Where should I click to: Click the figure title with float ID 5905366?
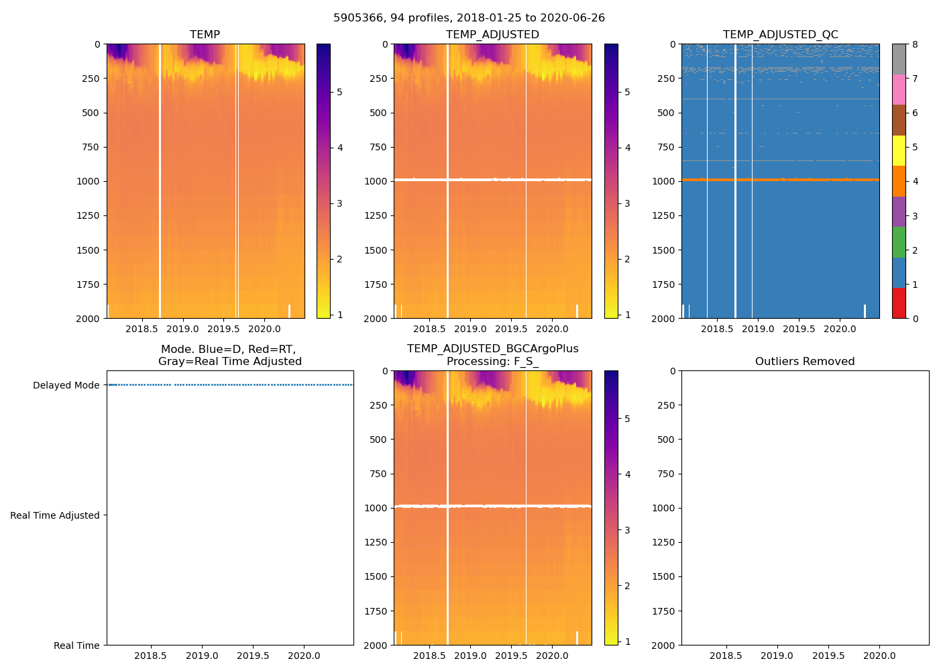(469, 18)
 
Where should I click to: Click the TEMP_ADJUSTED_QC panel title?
(780, 35)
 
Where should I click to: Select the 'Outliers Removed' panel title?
(805, 362)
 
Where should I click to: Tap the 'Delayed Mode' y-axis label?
(66, 385)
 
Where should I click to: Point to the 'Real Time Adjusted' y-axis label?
(54, 515)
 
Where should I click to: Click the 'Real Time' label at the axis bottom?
(76, 646)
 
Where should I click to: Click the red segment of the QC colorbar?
(899, 303)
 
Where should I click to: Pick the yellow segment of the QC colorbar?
(899, 151)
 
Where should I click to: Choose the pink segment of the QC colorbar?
(899, 90)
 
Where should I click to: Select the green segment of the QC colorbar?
(899, 242)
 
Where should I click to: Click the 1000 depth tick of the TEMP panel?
(87, 181)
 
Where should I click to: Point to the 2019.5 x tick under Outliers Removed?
(828, 656)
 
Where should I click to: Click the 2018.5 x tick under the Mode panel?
(150, 656)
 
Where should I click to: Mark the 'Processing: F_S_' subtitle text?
(492, 362)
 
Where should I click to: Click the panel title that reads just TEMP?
(205, 35)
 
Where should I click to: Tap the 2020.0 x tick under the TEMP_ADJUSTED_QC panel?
(840, 329)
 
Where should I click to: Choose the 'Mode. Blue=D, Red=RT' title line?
(228, 350)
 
